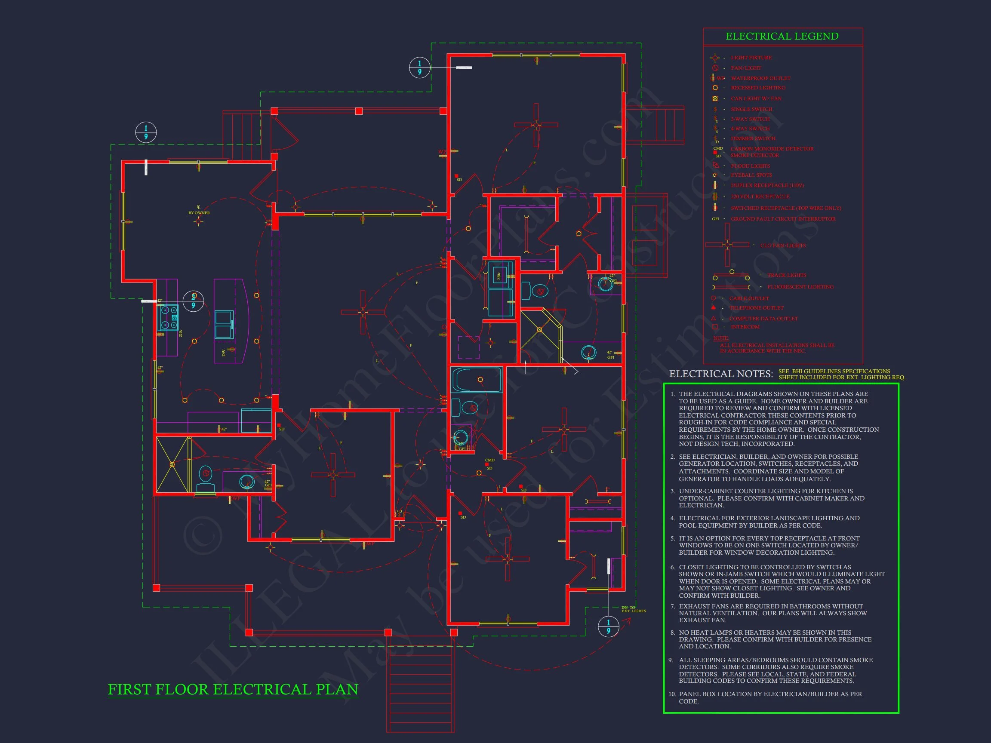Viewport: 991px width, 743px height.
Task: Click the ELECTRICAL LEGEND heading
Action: (782, 36)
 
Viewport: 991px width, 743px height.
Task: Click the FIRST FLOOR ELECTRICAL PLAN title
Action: (233, 689)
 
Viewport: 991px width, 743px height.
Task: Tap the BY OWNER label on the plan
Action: (199, 213)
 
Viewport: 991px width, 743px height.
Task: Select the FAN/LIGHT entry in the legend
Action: (746, 68)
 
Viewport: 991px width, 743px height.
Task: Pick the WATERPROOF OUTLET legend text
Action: (760, 78)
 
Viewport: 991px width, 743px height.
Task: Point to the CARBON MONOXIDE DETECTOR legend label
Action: (772, 149)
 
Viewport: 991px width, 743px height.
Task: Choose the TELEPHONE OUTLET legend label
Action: (757, 308)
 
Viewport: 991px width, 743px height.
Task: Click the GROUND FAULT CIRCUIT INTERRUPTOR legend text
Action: (783, 219)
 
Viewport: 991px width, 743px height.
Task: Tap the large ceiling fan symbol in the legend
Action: (726, 245)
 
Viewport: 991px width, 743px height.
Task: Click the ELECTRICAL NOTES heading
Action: (721, 374)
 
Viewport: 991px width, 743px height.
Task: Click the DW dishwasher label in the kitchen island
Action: (224, 353)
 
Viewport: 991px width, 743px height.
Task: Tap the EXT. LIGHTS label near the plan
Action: (634, 611)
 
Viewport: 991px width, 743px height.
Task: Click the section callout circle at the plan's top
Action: (420, 68)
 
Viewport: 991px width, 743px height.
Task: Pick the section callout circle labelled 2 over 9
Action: (194, 301)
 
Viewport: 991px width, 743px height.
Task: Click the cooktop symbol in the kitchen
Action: (168, 317)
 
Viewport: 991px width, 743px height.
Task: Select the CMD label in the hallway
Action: (489, 460)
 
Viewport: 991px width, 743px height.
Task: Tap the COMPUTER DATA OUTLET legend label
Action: (763, 319)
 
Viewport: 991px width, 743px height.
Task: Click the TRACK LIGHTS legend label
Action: (786, 275)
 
